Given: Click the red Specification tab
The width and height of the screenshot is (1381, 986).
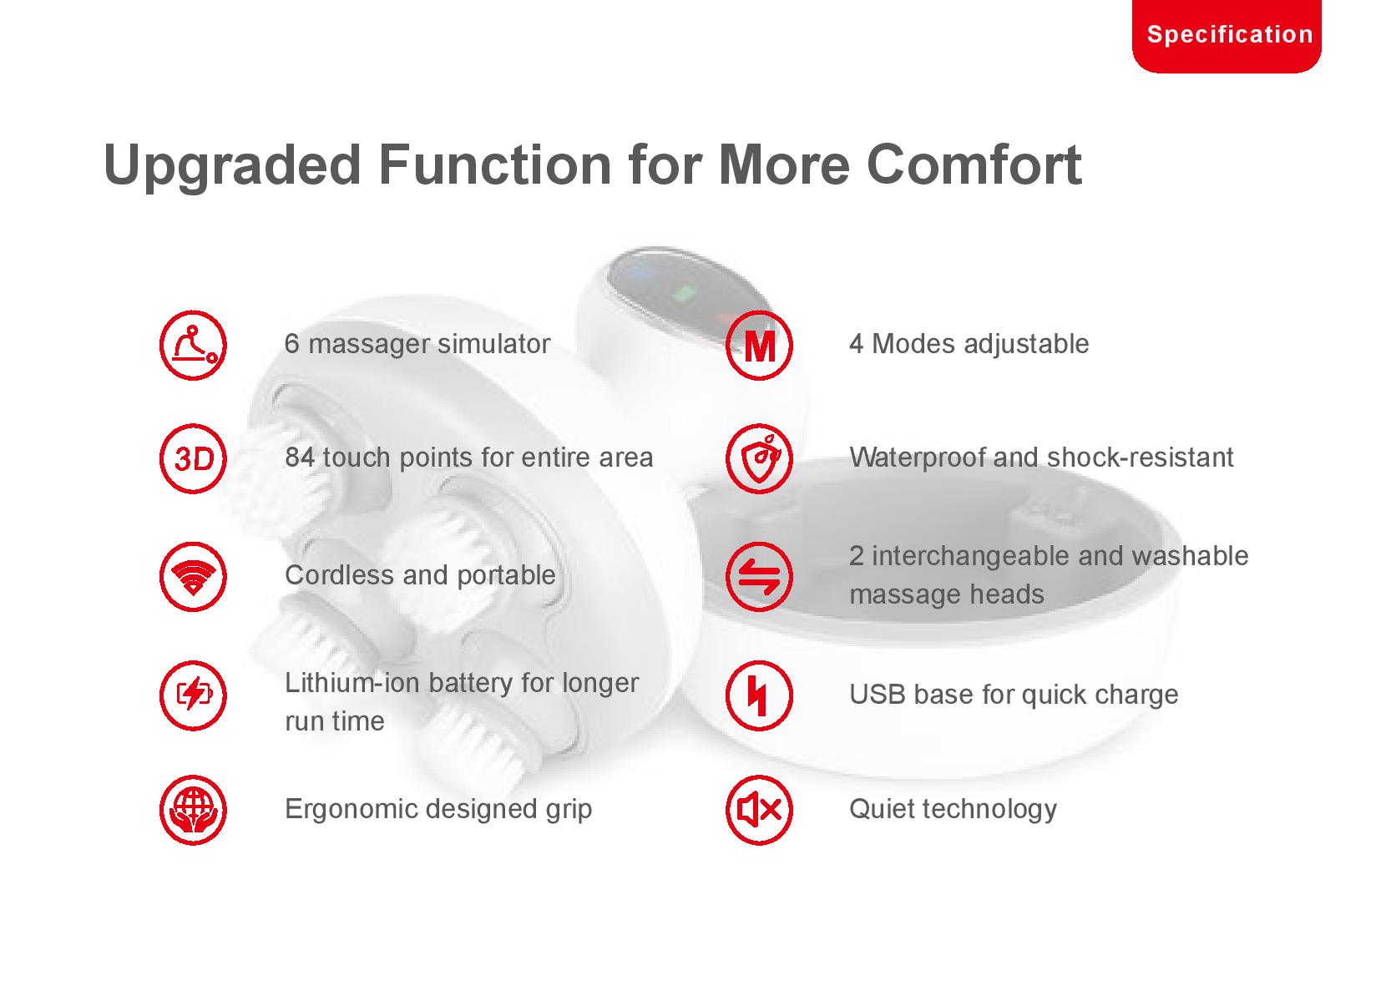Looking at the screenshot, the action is [x=1227, y=35].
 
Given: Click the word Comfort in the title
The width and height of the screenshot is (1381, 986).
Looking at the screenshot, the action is [x=974, y=164].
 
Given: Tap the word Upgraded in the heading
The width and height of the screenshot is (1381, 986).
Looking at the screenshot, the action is [x=232, y=166].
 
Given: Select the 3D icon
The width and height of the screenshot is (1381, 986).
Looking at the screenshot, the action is [x=193, y=459].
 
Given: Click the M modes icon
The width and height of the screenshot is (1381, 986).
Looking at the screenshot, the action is [x=759, y=346].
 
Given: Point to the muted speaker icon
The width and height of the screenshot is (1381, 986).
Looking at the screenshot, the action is [x=759, y=810].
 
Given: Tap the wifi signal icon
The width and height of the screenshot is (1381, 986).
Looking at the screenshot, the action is [x=193, y=577].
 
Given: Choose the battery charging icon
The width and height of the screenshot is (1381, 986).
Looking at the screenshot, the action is [x=193, y=695].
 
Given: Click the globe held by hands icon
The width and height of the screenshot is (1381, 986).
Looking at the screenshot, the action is [x=193, y=810].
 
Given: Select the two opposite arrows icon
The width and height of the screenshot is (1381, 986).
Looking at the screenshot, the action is [x=759, y=577].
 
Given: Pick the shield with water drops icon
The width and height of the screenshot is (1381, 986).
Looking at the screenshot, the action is [x=759, y=459].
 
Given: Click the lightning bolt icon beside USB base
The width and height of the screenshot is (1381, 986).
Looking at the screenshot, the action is [x=759, y=695].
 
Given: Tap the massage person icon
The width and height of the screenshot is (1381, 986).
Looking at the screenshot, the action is [x=193, y=346].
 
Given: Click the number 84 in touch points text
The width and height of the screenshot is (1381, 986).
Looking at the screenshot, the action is [x=300, y=458].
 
